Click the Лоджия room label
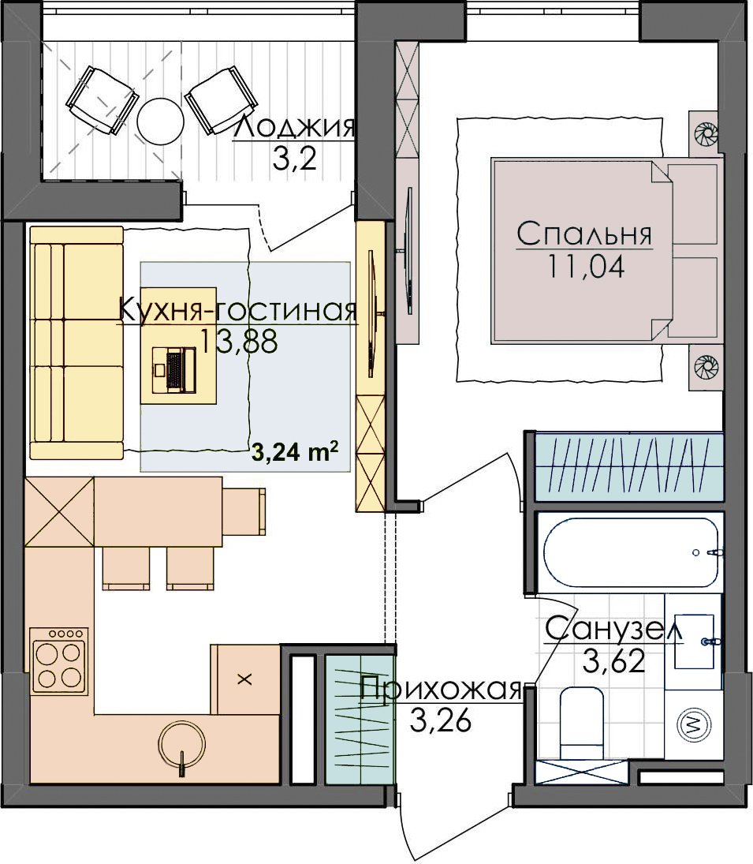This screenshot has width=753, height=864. click(295, 128)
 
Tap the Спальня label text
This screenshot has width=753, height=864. click(584, 234)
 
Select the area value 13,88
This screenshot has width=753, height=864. click(238, 341)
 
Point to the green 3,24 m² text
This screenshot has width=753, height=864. click(294, 452)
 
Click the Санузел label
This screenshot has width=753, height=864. click(613, 630)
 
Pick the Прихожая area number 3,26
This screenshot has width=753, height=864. click(441, 720)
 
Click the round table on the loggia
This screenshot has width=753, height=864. click(159, 121)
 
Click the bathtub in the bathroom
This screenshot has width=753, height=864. click(631, 552)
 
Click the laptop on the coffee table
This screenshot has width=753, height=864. click(175, 370)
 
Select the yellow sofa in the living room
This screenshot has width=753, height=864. click(76, 342)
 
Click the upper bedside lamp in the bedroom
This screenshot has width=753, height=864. click(704, 133)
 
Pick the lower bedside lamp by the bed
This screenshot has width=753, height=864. click(704, 366)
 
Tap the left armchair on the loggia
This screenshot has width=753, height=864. click(101, 101)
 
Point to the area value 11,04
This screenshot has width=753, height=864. click(586, 267)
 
